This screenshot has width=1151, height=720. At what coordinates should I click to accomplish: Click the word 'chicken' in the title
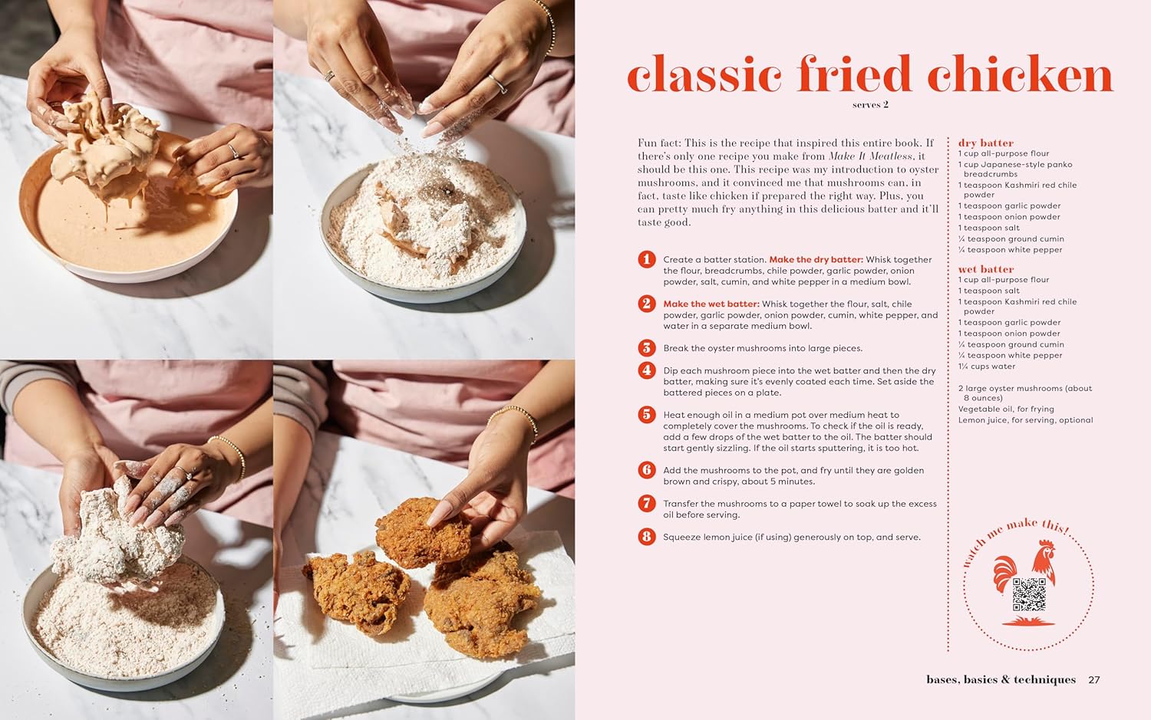pos(1020,75)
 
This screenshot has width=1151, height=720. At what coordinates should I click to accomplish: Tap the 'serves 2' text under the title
pos(870,105)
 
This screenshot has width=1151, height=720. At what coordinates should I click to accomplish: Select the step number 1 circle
pos(647,259)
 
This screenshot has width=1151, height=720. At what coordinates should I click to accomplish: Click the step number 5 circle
pos(647,415)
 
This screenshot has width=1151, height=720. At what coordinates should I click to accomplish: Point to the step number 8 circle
pos(647,537)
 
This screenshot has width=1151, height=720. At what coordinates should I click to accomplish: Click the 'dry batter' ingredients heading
pos(985,143)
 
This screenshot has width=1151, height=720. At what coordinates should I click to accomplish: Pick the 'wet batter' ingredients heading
pos(985,269)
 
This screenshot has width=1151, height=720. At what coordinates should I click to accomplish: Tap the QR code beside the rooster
pos(1029,594)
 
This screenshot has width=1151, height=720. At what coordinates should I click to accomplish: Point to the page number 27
pos(1094,679)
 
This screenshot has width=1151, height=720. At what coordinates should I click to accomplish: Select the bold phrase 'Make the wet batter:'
pos(711,304)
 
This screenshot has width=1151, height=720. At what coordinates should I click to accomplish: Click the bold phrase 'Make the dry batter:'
pos(816,260)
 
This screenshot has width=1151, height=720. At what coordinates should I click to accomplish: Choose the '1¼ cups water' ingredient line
pos(986,367)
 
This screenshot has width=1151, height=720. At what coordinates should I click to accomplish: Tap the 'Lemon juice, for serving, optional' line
pos(1025,420)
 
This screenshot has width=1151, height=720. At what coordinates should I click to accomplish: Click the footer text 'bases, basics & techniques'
pos(1001,679)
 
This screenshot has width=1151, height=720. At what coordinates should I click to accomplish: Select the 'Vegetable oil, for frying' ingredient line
pos(1006,409)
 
